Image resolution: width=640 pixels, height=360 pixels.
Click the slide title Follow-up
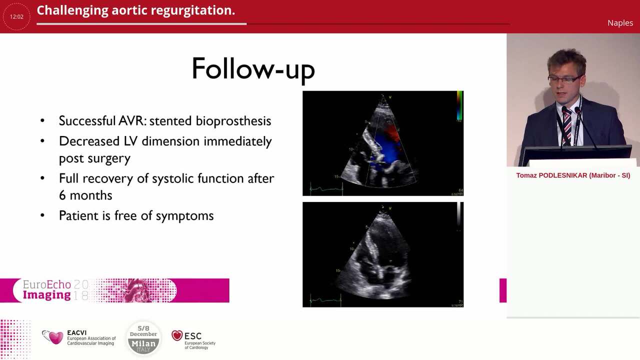[253, 69]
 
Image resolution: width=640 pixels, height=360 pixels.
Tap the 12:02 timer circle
[16, 16]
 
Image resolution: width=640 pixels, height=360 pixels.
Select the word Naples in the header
[620, 22]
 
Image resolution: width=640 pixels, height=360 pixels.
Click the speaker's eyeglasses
[564, 79]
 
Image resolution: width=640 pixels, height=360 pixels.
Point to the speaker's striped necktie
[567, 125]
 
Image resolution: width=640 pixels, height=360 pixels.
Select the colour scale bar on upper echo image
[459, 106]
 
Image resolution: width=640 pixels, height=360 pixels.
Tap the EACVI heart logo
[52, 337]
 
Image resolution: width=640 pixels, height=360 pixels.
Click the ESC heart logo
[177, 336]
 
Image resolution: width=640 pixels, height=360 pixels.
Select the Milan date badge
[143, 338]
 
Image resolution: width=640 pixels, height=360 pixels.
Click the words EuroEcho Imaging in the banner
[47, 290]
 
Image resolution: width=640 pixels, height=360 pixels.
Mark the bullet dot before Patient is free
[42, 215]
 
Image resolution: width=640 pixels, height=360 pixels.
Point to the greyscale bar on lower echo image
[458, 214]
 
